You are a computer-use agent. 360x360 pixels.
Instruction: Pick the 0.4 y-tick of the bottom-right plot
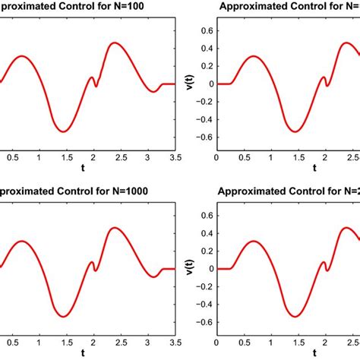click(205, 230)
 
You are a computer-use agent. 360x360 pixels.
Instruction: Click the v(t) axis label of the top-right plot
click(188, 84)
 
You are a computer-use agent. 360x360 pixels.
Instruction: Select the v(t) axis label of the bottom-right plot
click(188, 267)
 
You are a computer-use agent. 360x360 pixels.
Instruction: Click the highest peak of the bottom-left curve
click(115, 227)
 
